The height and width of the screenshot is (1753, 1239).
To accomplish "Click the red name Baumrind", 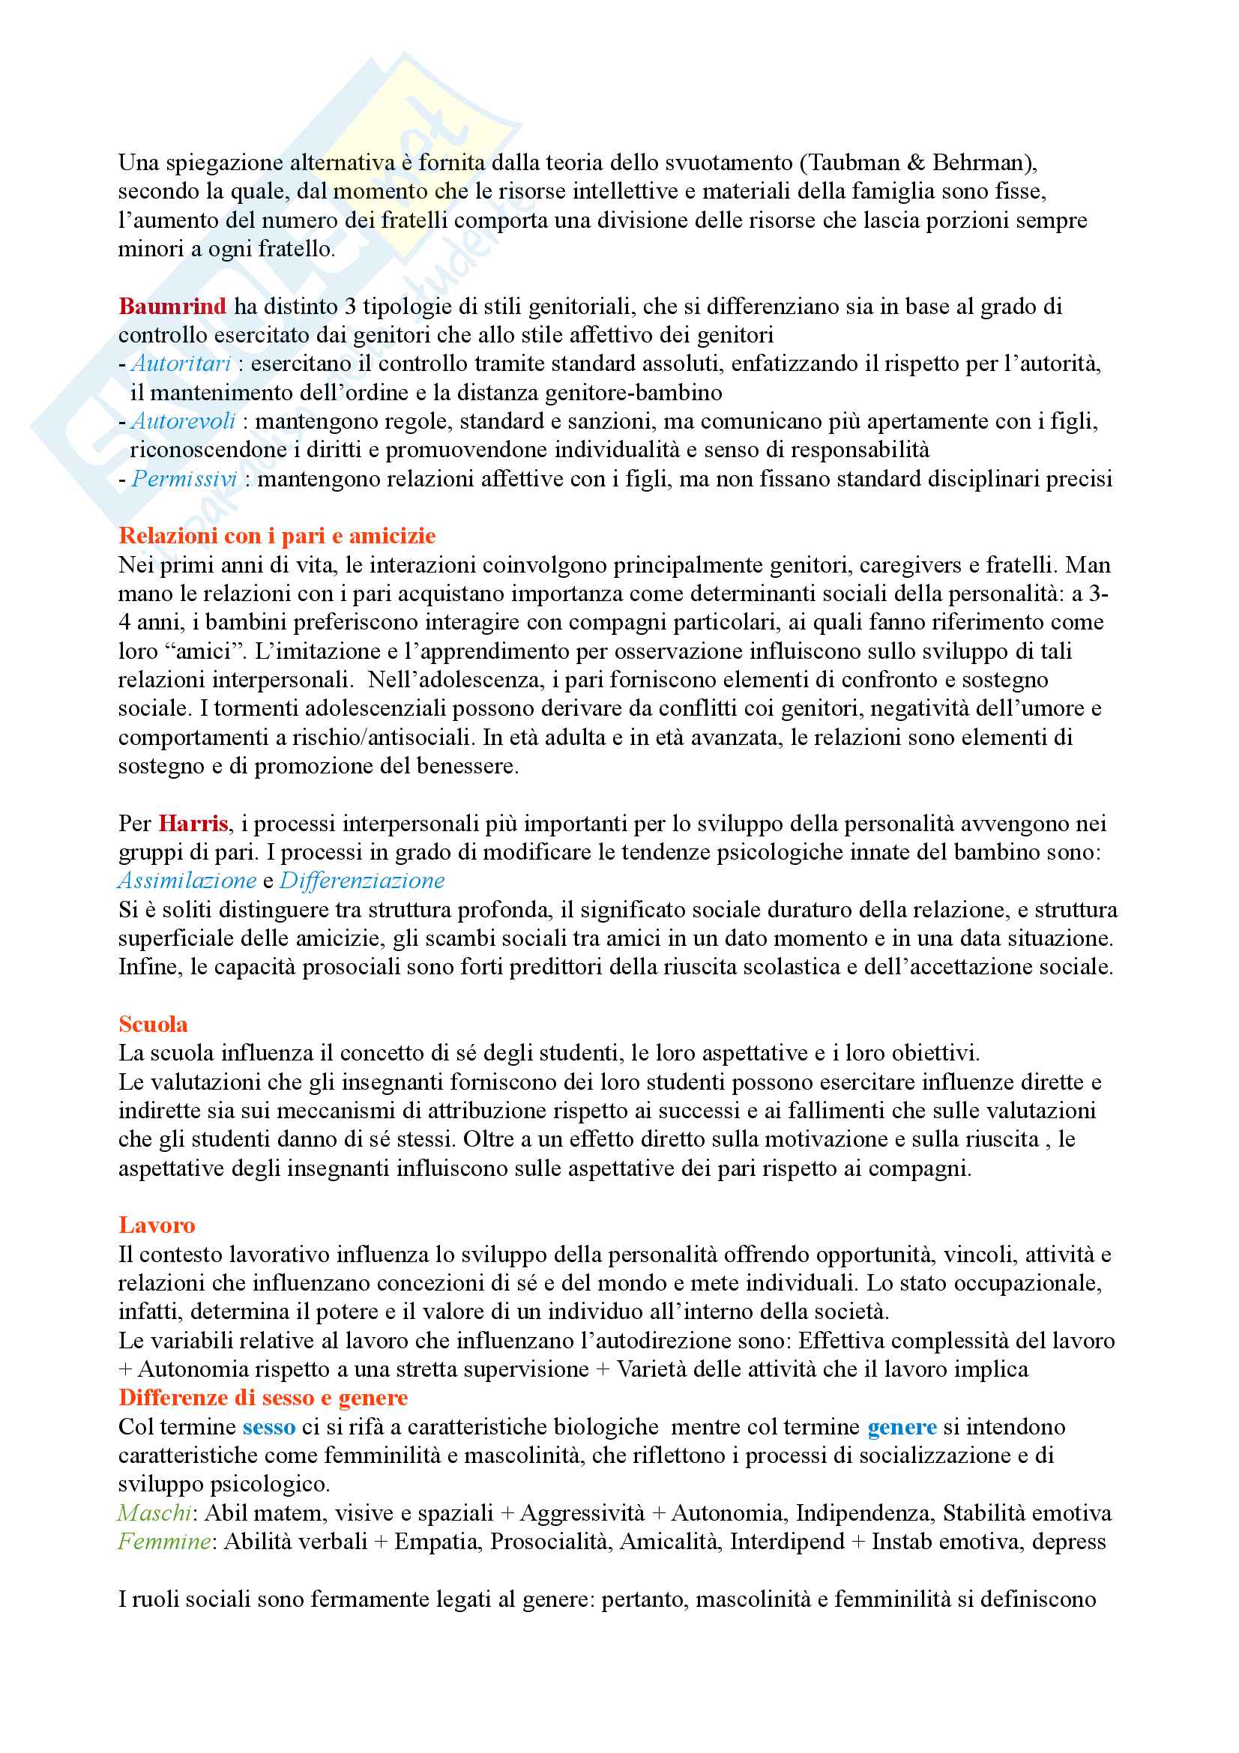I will tap(172, 307).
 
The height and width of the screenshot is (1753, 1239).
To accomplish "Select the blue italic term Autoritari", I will tap(181, 363).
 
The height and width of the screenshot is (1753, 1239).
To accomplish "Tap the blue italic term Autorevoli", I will tap(183, 420).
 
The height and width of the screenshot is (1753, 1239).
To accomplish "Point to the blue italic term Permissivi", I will tap(184, 479).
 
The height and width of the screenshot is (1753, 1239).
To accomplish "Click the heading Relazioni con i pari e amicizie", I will tap(277, 536).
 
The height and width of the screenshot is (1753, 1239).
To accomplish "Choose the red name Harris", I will tap(193, 823).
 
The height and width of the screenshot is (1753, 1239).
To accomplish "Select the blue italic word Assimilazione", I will tap(187, 881).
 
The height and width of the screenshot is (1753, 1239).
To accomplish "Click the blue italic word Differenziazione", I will tap(362, 881).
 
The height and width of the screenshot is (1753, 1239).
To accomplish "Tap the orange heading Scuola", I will tap(153, 1024).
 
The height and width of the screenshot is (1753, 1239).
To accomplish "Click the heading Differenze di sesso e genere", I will tap(262, 1397).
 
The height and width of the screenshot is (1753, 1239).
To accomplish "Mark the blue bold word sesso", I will tap(269, 1427).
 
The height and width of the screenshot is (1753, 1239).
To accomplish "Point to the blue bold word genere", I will tap(902, 1427).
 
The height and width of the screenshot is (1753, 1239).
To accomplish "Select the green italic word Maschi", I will tap(154, 1512).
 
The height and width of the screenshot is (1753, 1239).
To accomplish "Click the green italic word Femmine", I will tap(164, 1542).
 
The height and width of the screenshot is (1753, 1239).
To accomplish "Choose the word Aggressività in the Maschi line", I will tap(582, 1512).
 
